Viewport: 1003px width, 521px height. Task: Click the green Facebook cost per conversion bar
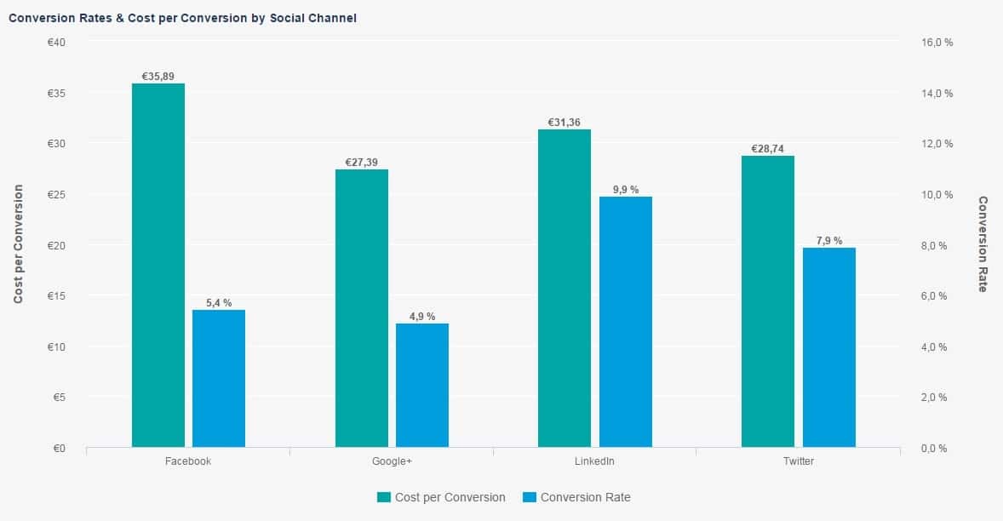[158, 265]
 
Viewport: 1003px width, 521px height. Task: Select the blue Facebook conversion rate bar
[219, 378]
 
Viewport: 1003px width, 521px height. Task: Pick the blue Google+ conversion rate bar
[422, 385]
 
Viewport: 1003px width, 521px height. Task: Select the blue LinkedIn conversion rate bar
[626, 322]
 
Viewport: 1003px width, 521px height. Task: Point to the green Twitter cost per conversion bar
[768, 301]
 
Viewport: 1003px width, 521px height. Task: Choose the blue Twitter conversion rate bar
[829, 347]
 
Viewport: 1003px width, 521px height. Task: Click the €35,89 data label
[158, 77]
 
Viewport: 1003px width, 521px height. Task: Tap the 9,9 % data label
[626, 190]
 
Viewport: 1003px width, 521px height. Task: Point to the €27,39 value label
[362, 163]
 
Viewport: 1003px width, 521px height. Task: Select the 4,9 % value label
[422, 317]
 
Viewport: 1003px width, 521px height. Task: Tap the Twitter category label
[798, 461]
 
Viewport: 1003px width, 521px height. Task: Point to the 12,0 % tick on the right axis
[937, 144]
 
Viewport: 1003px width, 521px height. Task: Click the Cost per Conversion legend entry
[441, 497]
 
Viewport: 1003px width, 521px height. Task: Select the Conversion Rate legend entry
[577, 497]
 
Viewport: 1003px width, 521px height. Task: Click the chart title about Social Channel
[182, 18]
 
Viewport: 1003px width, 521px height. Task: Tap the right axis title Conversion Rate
[983, 244]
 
